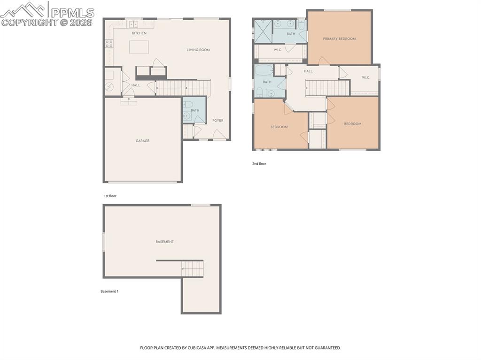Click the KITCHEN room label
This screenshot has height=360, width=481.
pyautogui.click(x=139, y=33)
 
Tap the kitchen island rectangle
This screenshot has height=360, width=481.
pyautogui.click(x=139, y=47)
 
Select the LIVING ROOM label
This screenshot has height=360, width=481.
pyautogui.click(x=198, y=50)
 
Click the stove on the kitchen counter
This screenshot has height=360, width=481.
pyautogui.click(x=109, y=44)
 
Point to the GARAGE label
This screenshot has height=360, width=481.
pyautogui.click(x=142, y=141)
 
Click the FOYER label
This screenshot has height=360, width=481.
pyautogui.click(x=217, y=121)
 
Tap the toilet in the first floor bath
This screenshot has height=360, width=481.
pyautogui.click(x=187, y=105)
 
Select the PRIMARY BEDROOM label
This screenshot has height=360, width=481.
pyautogui.click(x=339, y=39)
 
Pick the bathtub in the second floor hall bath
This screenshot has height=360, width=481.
pyautogui.click(x=263, y=71)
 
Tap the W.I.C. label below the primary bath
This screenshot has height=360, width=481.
pyautogui.click(x=277, y=50)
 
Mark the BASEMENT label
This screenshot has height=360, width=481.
pyautogui.click(x=164, y=242)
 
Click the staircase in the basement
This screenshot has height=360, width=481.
pyautogui.click(x=193, y=269)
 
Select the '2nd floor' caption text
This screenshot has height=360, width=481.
pyautogui.click(x=259, y=164)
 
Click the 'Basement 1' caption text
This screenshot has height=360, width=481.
pyautogui.click(x=109, y=291)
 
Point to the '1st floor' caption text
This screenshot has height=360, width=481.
pyautogui.click(x=110, y=196)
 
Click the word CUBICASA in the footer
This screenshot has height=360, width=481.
pyautogui.click(x=194, y=348)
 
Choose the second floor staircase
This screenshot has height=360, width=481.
pyautogui.click(x=327, y=87)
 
